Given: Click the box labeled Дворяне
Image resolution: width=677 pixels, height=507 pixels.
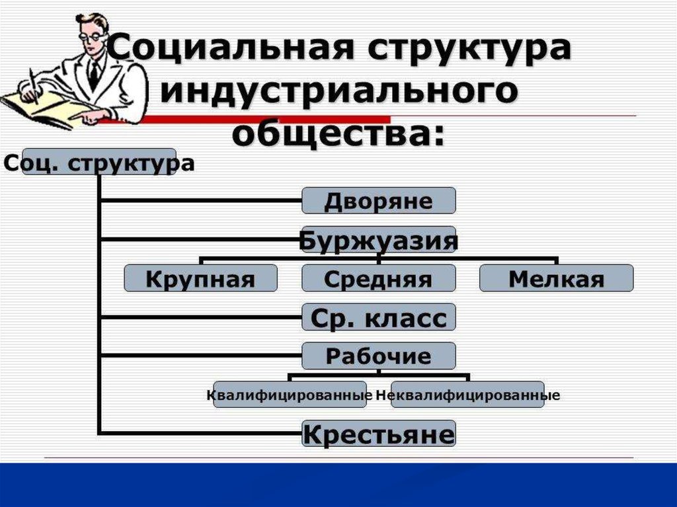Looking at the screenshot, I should (379, 200).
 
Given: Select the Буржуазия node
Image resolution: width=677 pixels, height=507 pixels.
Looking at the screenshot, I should (379, 241).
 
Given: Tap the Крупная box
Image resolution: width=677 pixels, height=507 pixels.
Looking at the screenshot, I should (200, 278).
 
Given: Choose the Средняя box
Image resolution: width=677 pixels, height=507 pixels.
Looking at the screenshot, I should (379, 278).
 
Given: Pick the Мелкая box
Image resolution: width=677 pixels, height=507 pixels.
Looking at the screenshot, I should (556, 278).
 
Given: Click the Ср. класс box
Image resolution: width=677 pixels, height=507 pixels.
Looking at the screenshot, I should (379, 318).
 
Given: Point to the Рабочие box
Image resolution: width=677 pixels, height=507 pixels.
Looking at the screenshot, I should (379, 356).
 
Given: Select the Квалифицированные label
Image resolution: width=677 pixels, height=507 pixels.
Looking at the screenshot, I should (290, 395).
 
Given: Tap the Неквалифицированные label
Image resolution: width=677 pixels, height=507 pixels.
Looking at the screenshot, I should (467, 395).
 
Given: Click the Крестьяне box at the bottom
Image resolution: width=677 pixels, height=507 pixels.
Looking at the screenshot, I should (379, 434).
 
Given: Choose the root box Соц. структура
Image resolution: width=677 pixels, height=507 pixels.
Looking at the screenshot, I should (99, 163).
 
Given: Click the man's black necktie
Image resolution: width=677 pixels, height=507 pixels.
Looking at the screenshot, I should (94, 72).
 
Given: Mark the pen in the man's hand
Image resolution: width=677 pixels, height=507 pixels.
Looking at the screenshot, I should (32, 83).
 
